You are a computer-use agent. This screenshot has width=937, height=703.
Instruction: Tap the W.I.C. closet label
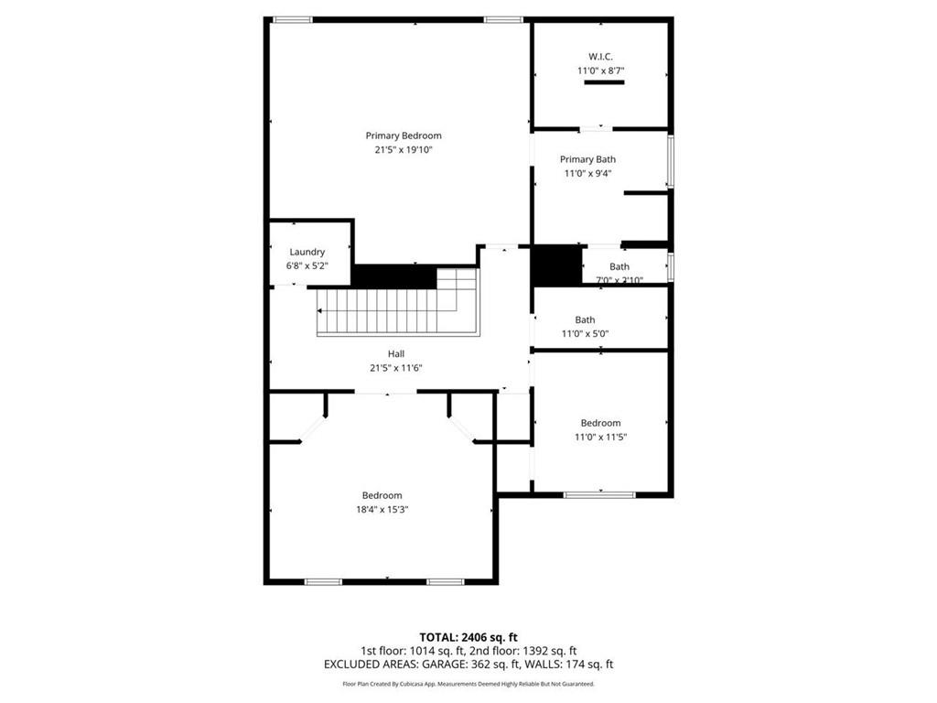(600, 56)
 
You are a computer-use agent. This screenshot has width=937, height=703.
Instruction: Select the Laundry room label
(307, 252)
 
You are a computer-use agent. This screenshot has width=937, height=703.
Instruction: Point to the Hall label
(396, 353)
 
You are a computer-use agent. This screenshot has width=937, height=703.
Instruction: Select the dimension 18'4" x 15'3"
(382, 510)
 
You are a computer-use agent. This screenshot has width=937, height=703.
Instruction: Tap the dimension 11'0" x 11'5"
(600, 437)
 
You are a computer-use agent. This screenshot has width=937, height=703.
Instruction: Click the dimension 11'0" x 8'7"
(600, 70)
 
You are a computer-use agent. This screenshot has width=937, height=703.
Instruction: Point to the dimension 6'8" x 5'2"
(307, 265)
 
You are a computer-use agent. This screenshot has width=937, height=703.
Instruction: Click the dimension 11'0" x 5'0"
(585, 333)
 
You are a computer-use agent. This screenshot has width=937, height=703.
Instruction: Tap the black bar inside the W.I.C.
(604, 83)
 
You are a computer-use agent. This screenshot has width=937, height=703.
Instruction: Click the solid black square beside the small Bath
(557, 265)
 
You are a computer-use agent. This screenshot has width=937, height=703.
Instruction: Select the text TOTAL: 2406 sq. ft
(468, 637)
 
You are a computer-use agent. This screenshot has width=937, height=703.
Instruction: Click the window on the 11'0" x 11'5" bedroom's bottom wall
(599, 495)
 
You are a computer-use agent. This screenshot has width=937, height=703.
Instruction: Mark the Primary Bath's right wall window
(671, 161)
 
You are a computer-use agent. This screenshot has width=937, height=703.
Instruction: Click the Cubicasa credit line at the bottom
(468, 684)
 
